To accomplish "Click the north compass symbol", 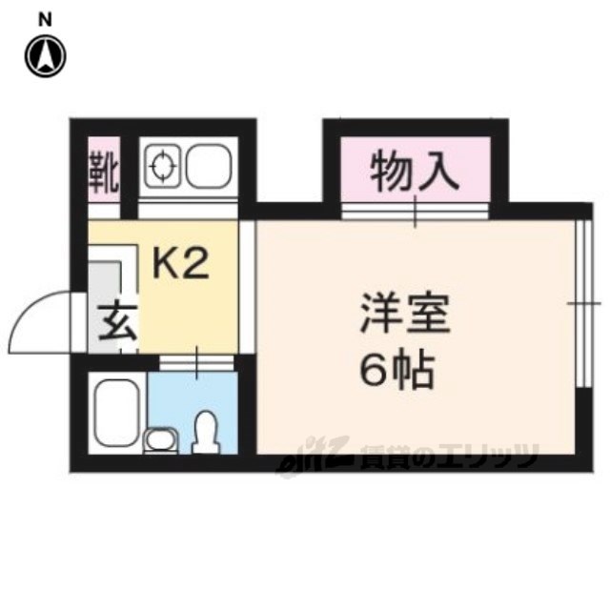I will coord(45,55).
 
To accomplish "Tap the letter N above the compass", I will coord(45,16).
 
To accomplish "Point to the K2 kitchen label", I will coord(181,264).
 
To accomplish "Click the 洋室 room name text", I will coord(403,315).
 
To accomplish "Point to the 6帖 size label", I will coord(396,370).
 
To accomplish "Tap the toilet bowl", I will coord(204,434).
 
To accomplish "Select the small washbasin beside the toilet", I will coord(161,439).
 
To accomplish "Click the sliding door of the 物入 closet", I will coord(417,211).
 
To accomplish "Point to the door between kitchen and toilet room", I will coord(196,362).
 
